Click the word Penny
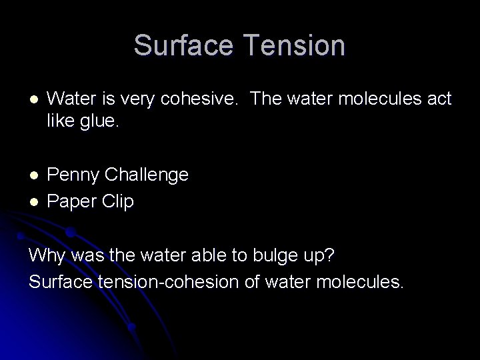click(74, 175)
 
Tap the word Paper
click(73, 201)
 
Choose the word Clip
click(119, 201)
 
